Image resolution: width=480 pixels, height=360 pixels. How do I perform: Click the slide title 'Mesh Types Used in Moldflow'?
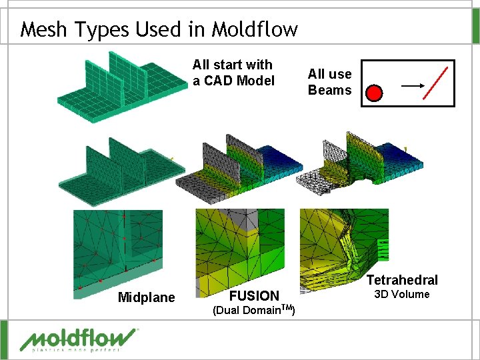(x=159, y=29)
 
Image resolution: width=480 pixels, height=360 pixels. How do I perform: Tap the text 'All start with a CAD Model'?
(x=233, y=73)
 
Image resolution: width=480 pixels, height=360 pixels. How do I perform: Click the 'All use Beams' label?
(x=329, y=82)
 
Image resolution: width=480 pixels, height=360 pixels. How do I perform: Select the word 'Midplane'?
(x=146, y=297)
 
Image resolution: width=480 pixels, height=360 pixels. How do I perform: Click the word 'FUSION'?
(x=254, y=295)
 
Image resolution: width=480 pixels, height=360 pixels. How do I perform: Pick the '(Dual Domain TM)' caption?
(x=254, y=310)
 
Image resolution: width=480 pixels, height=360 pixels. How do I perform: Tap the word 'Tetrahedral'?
(x=402, y=280)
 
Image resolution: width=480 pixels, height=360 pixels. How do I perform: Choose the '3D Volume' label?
(x=401, y=295)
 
